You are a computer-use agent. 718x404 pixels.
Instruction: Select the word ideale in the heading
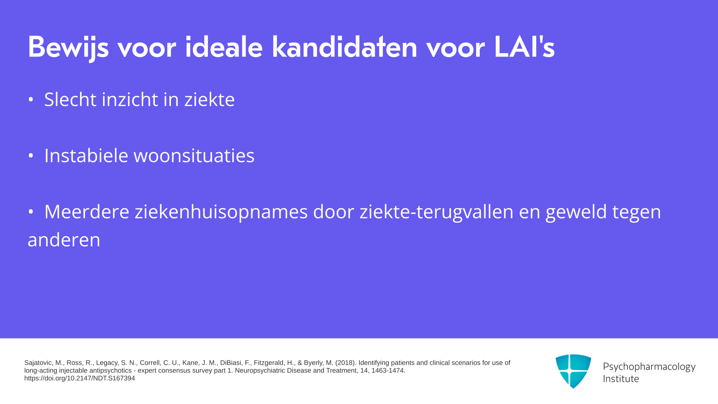click(224, 47)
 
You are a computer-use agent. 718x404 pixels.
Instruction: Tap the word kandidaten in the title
click(344, 47)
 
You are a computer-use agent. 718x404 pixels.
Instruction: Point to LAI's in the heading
click(524, 47)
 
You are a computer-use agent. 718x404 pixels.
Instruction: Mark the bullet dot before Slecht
click(31, 100)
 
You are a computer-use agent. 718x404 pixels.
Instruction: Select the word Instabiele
click(86, 156)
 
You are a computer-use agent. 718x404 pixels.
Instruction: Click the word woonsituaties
click(194, 156)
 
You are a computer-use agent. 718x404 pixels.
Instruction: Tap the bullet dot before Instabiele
click(31, 156)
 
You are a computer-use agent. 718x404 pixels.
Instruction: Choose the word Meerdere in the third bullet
click(87, 212)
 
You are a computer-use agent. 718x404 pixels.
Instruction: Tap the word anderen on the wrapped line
click(64, 240)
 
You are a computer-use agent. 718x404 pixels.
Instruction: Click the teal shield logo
click(573, 371)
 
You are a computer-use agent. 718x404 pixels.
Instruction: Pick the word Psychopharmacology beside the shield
click(649, 367)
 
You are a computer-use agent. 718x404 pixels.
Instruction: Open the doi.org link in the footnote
click(80, 378)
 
